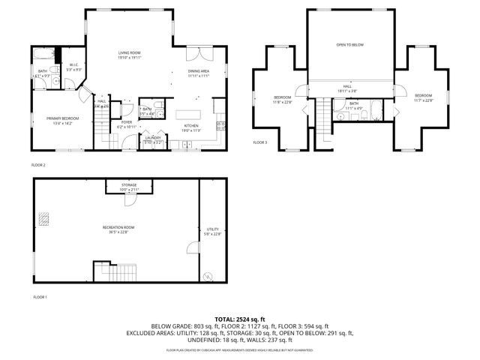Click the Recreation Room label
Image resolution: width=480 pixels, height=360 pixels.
tap(118, 228)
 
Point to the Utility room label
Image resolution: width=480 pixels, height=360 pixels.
tap(212, 230)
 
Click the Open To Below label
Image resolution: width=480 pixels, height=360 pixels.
tap(349, 45)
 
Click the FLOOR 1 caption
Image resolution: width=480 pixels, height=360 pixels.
tap(39, 297)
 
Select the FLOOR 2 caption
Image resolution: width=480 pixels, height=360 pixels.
tap(38, 164)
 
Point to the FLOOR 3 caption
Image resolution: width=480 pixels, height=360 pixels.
tap(259, 142)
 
